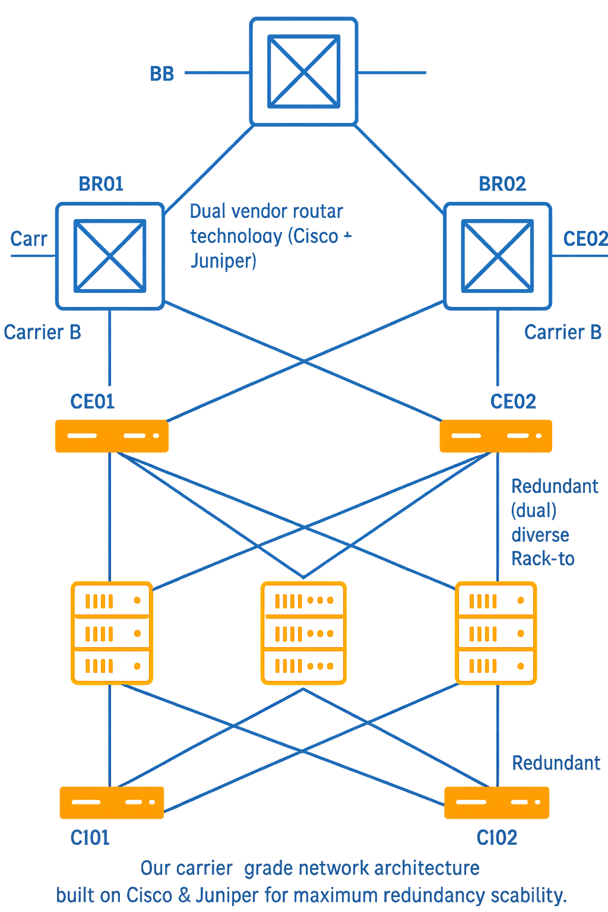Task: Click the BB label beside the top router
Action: [x=162, y=74]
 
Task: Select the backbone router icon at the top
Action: [x=303, y=72]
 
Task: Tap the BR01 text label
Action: [x=101, y=184]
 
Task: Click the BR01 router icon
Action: [x=110, y=256]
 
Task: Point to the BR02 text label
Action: [x=502, y=184]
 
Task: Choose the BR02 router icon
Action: [x=498, y=256]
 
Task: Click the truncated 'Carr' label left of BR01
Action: [x=28, y=239]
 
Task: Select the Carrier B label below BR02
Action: [x=562, y=332]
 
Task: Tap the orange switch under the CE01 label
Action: [x=112, y=436]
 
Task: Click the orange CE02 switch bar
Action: [x=496, y=436]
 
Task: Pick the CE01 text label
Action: [x=92, y=401]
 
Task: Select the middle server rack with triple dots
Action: [x=303, y=633]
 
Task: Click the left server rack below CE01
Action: [x=112, y=633]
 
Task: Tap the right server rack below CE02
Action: [x=496, y=633]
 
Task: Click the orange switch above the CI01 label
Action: [x=112, y=803]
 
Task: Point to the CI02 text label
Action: [x=496, y=838]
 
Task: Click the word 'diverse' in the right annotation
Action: [x=540, y=535]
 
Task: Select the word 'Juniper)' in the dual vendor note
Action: [x=223, y=261]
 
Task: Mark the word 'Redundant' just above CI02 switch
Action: [x=556, y=763]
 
